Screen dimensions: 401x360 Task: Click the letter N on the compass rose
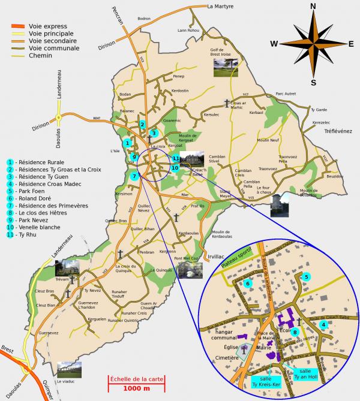313,7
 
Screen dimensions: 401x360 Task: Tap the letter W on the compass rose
274,43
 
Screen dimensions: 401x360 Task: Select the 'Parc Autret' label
286,94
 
